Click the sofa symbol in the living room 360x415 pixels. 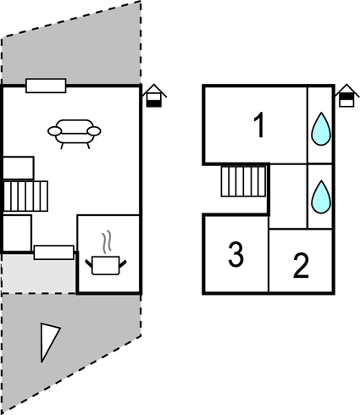coord(75,134)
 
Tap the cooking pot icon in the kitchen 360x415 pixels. coord(106,265)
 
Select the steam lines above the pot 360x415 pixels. coord(107,241)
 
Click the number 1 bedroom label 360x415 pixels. coord(259,125)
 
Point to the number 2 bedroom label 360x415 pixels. coord(301,265)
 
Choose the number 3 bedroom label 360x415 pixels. coord(235,254)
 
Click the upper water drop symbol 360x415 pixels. coord(321,129)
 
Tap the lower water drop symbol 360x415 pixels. coord(321,196)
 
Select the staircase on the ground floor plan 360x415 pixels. coord(25,196)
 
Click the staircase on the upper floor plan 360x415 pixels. coord(243,181)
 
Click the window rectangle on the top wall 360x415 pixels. coord(46,86)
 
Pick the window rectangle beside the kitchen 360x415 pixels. coord(54,252)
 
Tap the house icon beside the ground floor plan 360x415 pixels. coord(154,96)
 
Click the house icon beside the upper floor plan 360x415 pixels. coord(347,96)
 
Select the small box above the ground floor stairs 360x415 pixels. coord(19,169)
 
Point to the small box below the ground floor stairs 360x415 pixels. coord(17,233)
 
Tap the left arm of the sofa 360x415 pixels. coord(54,131)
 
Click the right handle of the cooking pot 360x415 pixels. coord(123,264)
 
